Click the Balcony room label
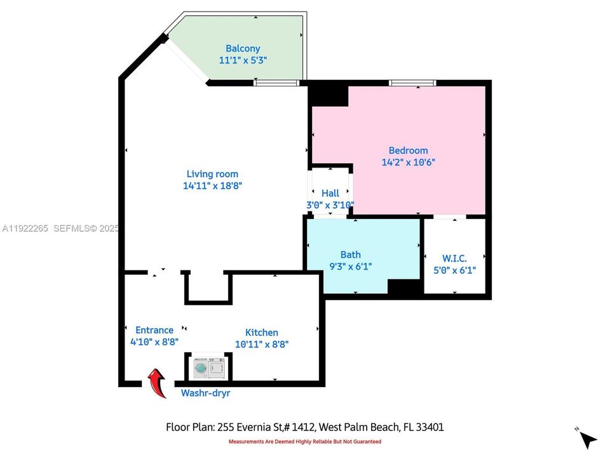click(243, 48)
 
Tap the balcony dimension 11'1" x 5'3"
click(243, 60)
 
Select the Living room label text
click(212, 174)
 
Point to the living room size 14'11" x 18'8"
click(212, 186)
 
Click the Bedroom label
click(408, 150)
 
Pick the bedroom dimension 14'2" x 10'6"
click(408, 162)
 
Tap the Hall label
click(330, 193)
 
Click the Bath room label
click(350, 255)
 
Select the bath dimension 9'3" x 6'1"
click(350, 267)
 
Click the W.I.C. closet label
click(454, 258)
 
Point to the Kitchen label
click(262, 333)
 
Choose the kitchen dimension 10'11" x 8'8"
click(262, 345)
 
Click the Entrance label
click(154, 330)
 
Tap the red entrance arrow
click(156, 384)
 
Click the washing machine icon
click(200, 368)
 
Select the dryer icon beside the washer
click(217, 368)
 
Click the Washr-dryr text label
click(205, 393)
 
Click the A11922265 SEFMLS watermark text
click(60, 228)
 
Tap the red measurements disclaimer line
click(305, 442)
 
